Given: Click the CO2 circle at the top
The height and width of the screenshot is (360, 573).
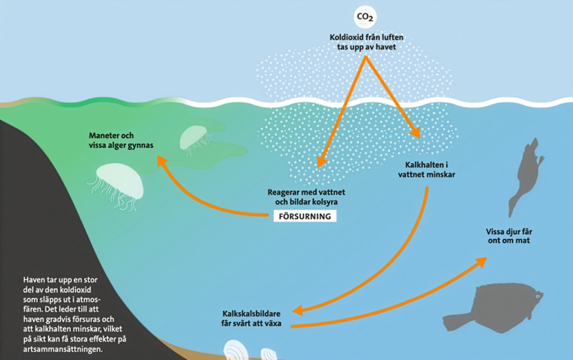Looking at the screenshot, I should pos(365,17).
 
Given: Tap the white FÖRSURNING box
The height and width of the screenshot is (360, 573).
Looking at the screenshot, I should pos(305,216).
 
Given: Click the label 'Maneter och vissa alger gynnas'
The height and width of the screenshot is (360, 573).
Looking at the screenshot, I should pos(121,140).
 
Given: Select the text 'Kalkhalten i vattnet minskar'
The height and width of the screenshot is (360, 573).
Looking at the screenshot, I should pos(426,170).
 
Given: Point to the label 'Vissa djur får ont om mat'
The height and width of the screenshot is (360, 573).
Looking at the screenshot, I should pos(509,236).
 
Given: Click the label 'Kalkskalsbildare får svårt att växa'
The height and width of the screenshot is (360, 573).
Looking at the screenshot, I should pos(251,318).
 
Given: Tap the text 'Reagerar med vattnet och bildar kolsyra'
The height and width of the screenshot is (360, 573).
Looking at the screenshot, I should pos(306,197).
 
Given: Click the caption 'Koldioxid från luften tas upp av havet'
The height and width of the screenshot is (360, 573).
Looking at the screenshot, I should pos(366,42).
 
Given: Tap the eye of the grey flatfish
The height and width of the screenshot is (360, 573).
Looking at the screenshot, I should pos(538,296).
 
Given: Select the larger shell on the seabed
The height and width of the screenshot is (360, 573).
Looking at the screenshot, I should pos(235,351).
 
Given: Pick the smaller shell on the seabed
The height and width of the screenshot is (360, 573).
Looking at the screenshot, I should pos(268,354).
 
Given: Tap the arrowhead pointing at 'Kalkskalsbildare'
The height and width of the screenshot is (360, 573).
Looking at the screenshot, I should pos(297,311).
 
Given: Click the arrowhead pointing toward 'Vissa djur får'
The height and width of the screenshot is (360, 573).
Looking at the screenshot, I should pos(482,261).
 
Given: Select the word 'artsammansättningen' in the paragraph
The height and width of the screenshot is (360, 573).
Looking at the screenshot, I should pos(63,349).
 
